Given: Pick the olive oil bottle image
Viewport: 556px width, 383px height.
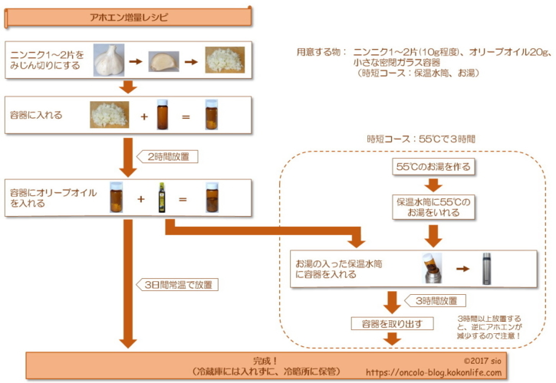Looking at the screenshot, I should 162,198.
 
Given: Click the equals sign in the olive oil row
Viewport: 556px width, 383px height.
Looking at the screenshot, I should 183,199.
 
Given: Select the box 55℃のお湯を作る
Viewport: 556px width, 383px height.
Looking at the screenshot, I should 434,166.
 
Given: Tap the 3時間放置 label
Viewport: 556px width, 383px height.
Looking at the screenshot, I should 436,301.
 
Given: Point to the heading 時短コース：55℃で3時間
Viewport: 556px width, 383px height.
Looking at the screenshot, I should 421,140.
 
